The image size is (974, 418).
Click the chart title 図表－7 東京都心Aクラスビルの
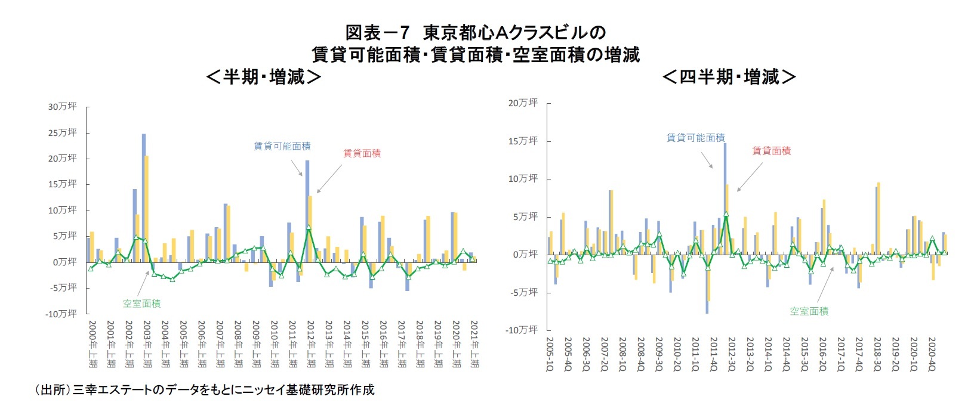475,32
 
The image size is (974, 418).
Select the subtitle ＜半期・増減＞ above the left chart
263,76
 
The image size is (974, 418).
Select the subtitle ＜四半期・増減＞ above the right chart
729,76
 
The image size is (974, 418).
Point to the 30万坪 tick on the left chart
63,107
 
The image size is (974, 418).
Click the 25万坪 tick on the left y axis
63,132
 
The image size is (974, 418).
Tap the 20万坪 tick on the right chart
523,103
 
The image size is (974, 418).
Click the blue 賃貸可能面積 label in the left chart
282,146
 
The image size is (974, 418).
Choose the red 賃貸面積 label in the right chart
771,151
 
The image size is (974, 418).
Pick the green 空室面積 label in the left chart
141,304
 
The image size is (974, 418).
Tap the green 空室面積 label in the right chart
809,311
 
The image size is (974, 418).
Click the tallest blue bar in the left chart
144,197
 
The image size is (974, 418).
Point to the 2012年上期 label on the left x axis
311,343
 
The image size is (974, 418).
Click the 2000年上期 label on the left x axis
92,343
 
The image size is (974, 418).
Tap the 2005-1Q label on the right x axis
550,353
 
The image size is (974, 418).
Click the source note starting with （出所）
205,390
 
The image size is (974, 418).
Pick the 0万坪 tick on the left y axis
65,262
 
